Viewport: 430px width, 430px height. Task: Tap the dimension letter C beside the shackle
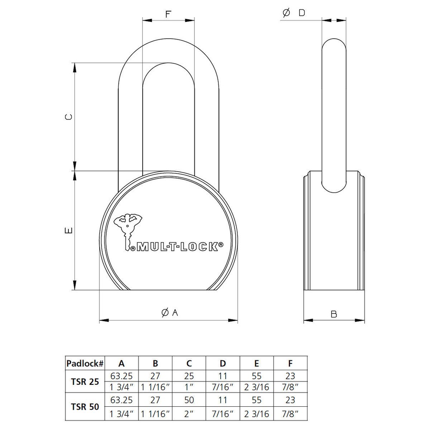coord(68,117)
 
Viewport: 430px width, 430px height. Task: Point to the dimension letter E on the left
coord(68,230)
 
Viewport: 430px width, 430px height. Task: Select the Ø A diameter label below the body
coord(169,313)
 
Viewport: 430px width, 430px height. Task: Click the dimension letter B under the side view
coord(334,314)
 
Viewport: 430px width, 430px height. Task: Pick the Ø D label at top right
coord(294,13)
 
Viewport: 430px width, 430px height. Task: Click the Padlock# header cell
coord(85,363)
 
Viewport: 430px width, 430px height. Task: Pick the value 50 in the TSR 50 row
coord(189,400)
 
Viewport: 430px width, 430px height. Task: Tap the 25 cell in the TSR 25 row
coord(189,375)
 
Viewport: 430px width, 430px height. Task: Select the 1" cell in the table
coord(189,387)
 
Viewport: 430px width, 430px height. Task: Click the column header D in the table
coord(223,363)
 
